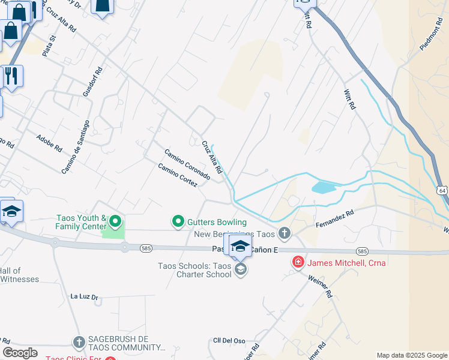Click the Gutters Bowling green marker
(x=178, y=222)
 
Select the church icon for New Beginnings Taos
(x=285, y=233)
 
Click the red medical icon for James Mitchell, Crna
(x=297, y=262)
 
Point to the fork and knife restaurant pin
(x=11, y=76)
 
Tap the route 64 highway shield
(x=442, y=190)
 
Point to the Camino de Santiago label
(x=76, y=147)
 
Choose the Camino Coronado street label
(x=187, y=164)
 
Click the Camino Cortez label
(x=178, y=175)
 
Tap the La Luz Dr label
(x=84, y=296)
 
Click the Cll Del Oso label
(x=230, y=341)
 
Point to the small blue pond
(x=324, y=188)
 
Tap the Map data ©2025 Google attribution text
(x=412, y=355)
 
